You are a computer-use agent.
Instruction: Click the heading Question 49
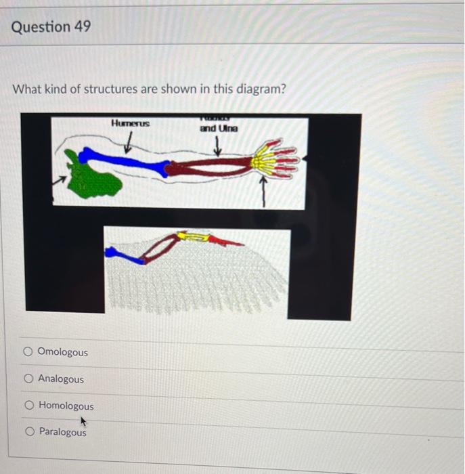[51, 27]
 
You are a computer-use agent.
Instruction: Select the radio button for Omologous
[28, 352]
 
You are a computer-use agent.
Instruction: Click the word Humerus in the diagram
[131, 123]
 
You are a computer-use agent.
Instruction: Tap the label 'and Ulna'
[219, 128]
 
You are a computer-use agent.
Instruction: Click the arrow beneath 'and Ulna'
[218, 145]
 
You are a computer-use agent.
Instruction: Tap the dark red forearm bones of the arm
[210, 167]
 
